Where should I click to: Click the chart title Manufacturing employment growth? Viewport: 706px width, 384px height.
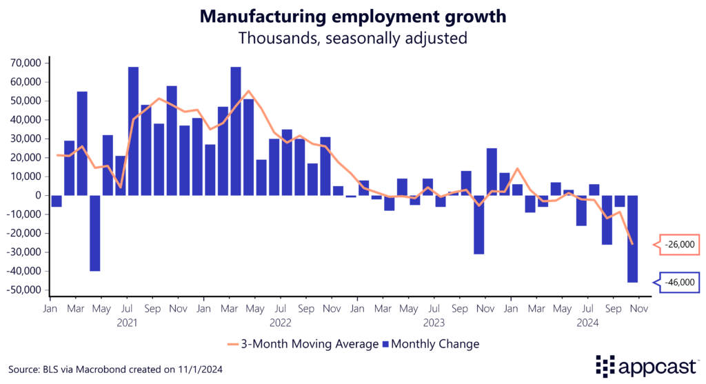[352, 17]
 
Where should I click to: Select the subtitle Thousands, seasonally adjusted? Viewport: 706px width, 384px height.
[352, 38]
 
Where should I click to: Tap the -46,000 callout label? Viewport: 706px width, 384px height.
[680, 281]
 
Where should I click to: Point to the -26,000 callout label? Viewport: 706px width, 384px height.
[680, 244]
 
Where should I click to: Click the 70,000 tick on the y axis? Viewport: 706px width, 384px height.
[26, 63]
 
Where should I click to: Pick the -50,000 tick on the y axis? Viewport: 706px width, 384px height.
[25, 290]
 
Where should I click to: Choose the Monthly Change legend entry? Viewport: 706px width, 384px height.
[430, 343]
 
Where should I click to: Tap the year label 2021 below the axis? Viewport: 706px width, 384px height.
[127, 322]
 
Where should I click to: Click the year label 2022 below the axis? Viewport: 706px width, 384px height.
[281, 322]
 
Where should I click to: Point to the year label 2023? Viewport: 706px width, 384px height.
[434, 322]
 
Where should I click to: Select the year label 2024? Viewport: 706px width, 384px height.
[587, 322]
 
